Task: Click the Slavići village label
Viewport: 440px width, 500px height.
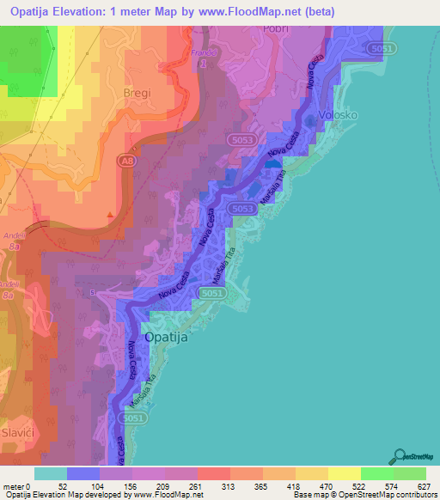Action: tap(19, 430)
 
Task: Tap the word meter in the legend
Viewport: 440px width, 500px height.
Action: tap(13, 486)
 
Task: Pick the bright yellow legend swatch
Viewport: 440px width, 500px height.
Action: tap(344, 473)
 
